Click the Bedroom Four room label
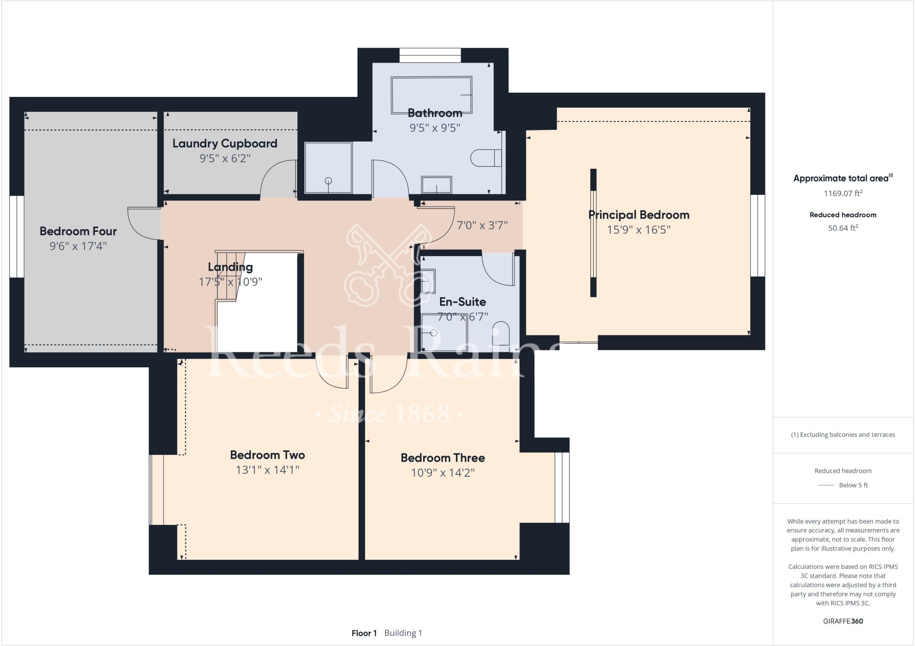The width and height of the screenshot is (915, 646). click(78, 231)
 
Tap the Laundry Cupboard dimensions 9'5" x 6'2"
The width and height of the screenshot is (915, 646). click(225, 158)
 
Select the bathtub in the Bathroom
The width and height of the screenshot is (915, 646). click(431, 95)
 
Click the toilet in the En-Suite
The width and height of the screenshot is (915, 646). click(501, 333)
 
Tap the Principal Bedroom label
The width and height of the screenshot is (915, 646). click(638, 215)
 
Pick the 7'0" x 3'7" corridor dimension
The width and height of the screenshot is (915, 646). click(482, 225)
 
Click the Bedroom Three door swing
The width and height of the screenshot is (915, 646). click(388, 375)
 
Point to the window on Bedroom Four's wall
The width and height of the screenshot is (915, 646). click(17, 236)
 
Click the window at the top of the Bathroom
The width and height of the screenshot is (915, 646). click(430, 56)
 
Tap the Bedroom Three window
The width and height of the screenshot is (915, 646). click(562, 487)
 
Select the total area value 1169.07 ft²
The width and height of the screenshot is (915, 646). click(843, 193)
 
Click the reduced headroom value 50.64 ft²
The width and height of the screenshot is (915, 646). click(843, 228)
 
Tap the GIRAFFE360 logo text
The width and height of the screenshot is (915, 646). click(843, 621)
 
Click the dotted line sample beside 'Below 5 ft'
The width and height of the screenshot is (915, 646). click(826, 485)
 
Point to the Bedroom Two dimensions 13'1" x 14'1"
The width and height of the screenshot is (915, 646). click(267, 470)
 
